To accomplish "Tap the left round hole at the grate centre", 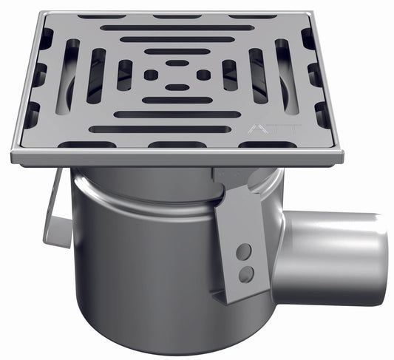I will click(151, 75).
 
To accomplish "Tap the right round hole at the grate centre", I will click(203, 75).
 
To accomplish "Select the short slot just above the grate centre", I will click(177, 63).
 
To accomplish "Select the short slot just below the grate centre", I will click(177, 87).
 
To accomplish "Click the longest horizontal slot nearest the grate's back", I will click(177, 28).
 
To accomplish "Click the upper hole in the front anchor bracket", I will click(243, 253).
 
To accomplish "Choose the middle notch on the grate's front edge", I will click(177, 143).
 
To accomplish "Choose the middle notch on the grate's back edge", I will click(177, 16).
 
